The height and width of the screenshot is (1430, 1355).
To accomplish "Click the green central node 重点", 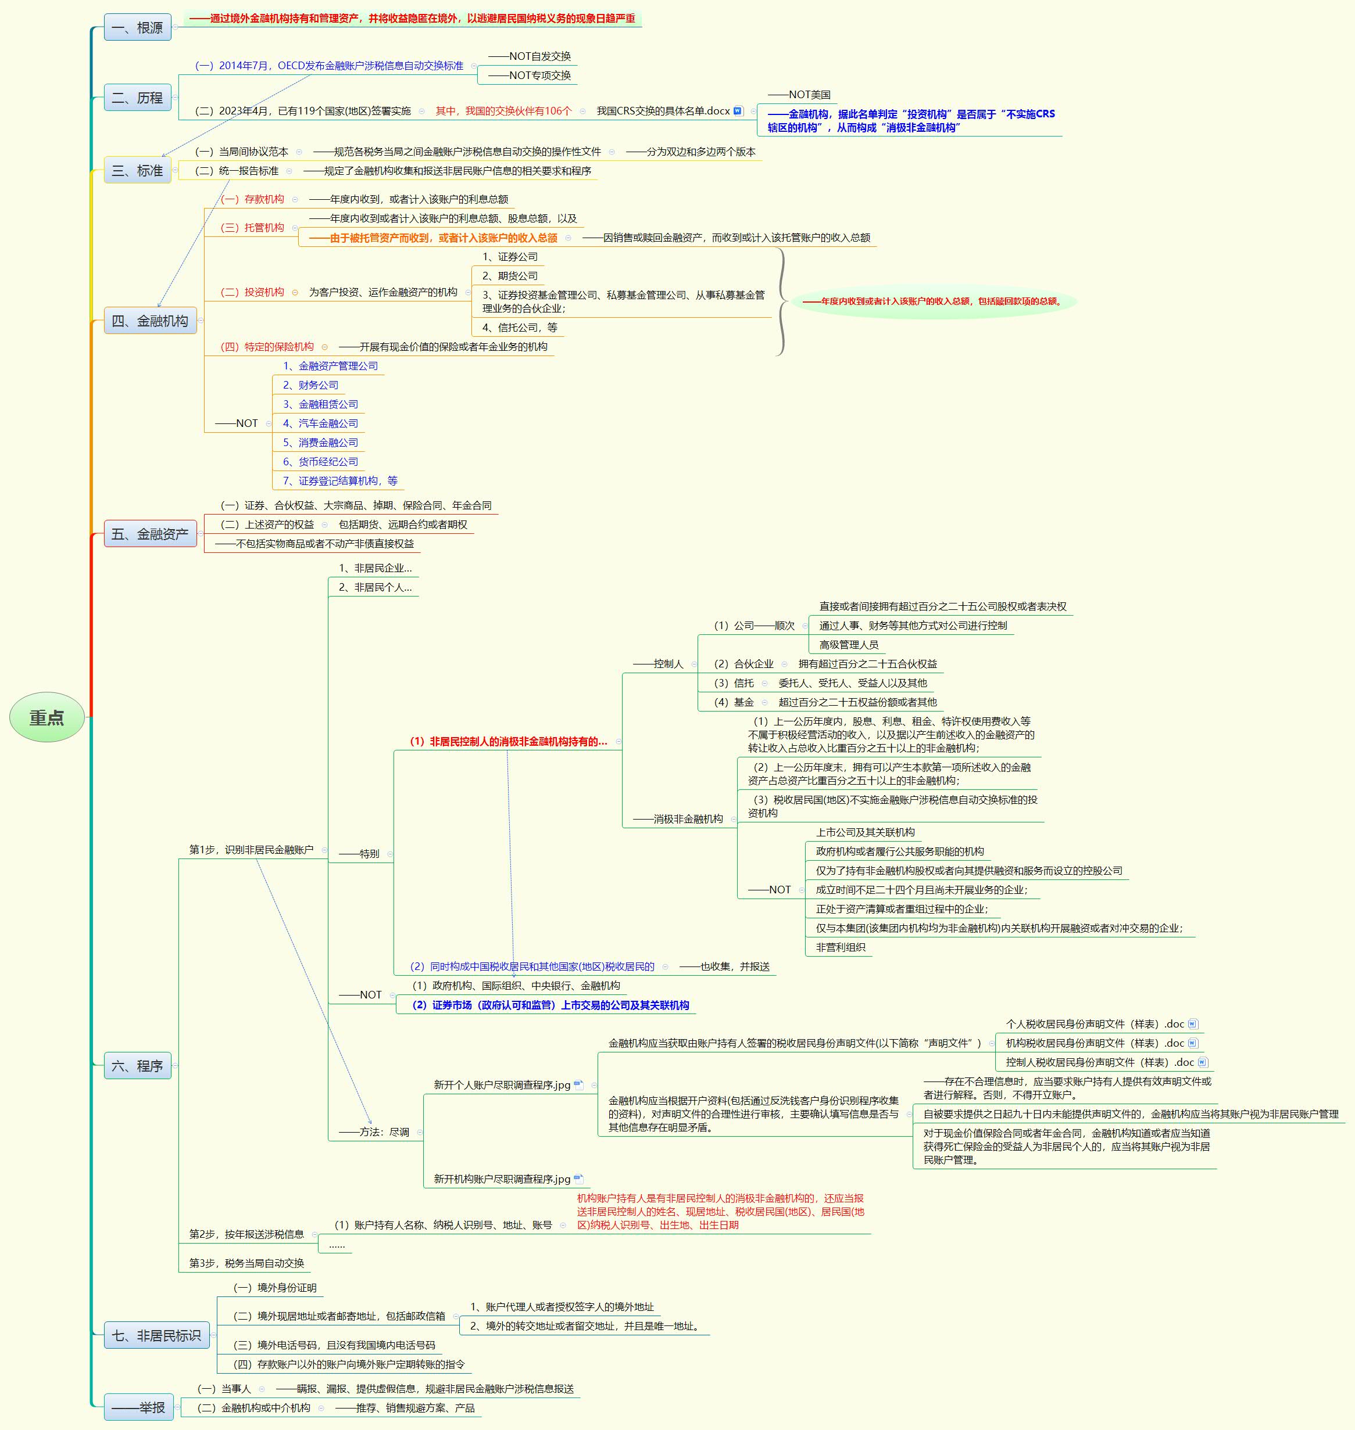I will point(47,717).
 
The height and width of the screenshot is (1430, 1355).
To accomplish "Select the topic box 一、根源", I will point(137,28).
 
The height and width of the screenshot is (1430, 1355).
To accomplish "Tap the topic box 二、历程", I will point(137,98).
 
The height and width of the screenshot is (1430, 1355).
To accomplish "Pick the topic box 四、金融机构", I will point(150,321).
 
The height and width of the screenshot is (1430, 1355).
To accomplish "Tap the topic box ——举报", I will point(139,1407).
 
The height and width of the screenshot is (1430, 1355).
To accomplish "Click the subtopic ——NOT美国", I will point(799,95).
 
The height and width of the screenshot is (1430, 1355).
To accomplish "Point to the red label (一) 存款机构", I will point(253,199).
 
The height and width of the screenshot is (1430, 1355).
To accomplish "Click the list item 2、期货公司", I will point(510,276).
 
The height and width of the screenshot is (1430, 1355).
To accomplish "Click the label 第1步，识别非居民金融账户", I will point(251,850).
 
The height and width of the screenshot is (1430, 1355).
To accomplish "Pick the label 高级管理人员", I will point(849,645).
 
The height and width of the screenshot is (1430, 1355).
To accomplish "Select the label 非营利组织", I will point(841,947).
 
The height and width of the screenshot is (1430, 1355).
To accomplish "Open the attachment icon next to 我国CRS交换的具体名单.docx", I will point(738,111).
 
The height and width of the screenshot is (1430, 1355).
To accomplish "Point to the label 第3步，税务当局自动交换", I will point(246,1263).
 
